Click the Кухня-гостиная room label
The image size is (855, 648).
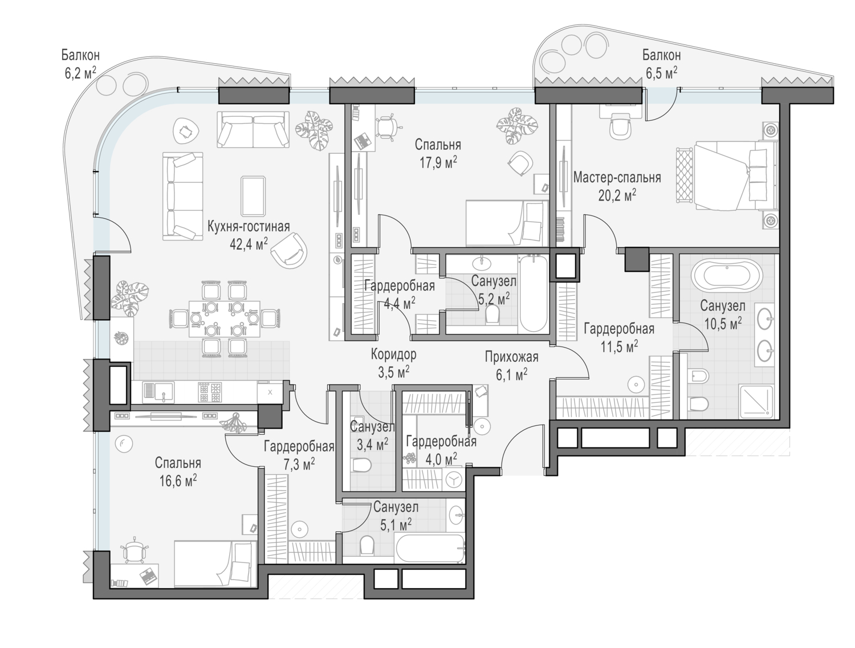tap(248, 226)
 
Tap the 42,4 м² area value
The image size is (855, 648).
tap(248, 244)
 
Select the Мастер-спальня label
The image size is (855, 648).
tap(617, 178)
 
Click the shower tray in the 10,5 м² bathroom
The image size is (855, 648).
tap(756, 401)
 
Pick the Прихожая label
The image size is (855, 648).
tap(511, 357)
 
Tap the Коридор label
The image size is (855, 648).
tap(393, 354)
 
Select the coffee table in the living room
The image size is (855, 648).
tap(253, 195)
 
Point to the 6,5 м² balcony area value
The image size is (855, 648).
tap(661, 72)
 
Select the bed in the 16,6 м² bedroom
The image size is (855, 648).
tap(213, 563)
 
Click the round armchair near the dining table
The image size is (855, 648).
tap(290, 251)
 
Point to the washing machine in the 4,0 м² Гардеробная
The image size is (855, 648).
tap(454, 480)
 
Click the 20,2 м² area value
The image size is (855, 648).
tap(617, 195)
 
